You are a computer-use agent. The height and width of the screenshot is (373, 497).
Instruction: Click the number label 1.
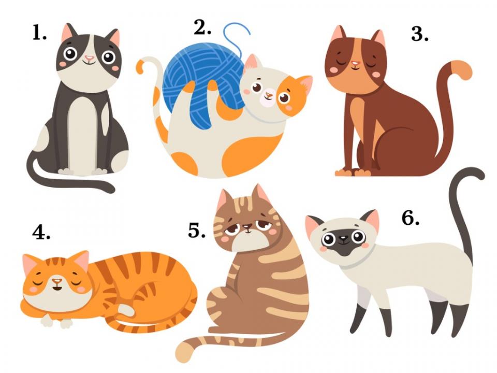coord(39,32)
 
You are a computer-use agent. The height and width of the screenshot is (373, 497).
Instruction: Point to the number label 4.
coord(41,233)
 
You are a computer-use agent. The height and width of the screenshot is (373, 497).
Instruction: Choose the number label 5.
coord(197,231)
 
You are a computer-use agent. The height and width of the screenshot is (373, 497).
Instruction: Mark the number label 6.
coord(410,218)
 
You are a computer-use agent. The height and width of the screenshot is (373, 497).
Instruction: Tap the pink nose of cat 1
coord(89,58)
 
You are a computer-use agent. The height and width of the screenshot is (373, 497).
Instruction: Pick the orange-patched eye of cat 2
coord(284,97)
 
